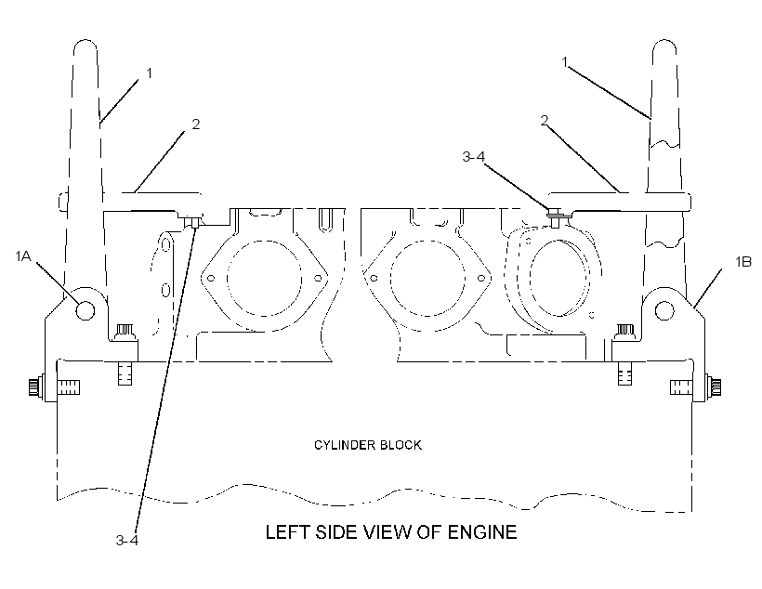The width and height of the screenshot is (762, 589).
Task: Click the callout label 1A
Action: (x=23, y=256)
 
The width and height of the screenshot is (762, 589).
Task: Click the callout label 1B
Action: (x=743, y=262)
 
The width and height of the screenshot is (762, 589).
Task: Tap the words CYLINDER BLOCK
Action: (x=368, y=445)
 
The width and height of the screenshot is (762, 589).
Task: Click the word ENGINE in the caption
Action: (x=481, y=532)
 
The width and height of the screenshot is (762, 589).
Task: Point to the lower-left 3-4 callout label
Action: (x=126, y=540)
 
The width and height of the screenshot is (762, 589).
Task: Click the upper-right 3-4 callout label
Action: (x=474, y=156)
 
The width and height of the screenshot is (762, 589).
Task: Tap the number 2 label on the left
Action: (x=196, y=124)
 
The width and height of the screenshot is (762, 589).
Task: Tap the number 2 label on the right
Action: (x=545, y=120)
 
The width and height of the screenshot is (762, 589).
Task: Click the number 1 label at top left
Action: (x=150, y=72)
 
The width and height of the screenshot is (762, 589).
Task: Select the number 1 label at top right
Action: (x=565, y=61)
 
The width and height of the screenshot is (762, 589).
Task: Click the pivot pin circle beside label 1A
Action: (x=86, y=310)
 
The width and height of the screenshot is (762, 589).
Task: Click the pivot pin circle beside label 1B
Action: (x=664, y=310)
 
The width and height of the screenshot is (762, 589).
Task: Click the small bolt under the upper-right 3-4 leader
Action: (x=556, y=216)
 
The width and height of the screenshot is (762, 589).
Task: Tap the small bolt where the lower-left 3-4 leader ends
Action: (x=194, y=223)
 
